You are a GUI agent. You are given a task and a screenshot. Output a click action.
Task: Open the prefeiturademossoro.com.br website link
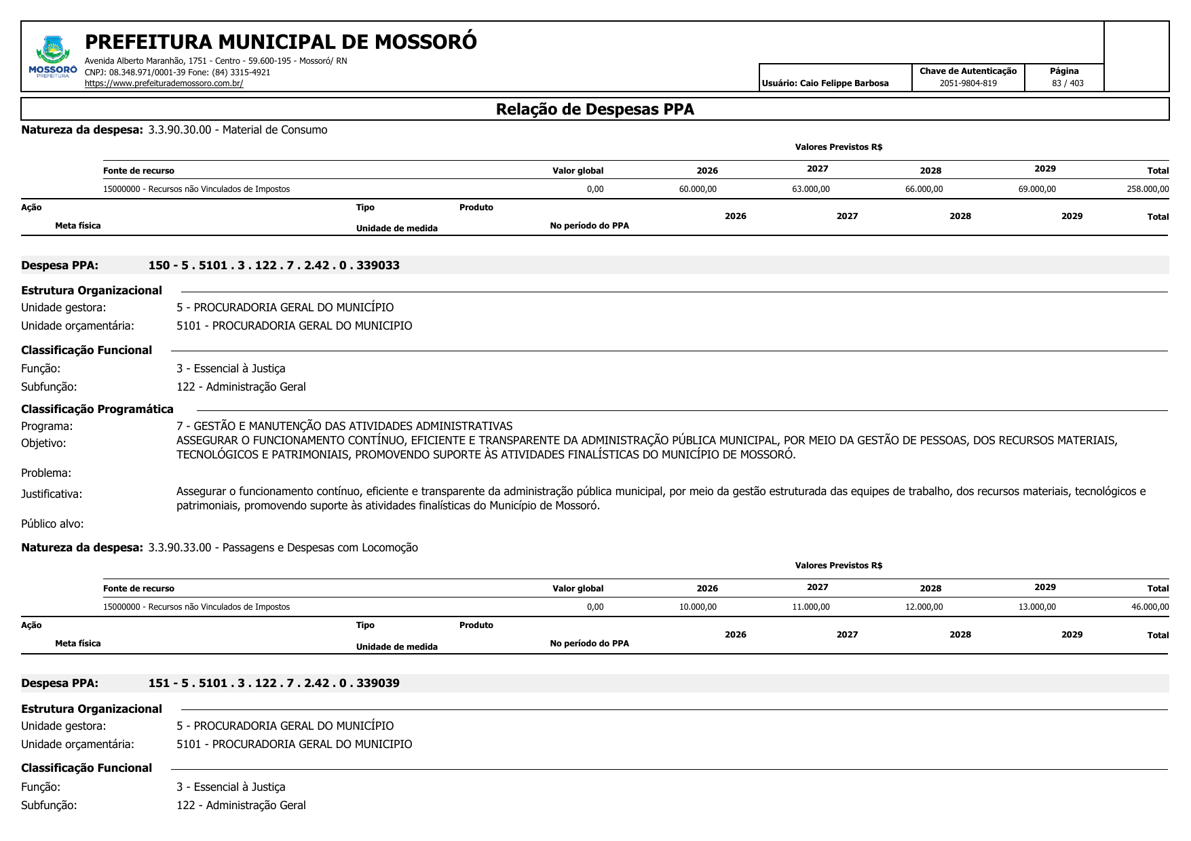coord(164,83)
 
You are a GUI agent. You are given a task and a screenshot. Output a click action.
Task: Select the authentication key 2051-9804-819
coord(968,83)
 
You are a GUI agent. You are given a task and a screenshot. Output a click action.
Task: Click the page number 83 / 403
coord(1067,83)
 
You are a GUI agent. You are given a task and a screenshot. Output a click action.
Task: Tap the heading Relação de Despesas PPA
coord(594,109)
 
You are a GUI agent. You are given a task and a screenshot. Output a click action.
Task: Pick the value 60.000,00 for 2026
coord(698,189)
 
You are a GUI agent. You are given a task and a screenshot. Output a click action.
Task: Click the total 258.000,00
coord(1148,189)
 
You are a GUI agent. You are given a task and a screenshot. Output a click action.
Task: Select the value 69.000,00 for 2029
coord(1037,189)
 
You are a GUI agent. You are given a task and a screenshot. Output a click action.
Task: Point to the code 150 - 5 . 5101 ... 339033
coord(273,265)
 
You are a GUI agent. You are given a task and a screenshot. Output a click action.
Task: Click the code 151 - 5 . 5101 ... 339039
coord(273,683)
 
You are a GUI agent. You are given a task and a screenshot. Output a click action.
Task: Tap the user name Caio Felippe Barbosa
coord(844,83)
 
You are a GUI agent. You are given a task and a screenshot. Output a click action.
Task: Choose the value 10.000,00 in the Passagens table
coord(698,607)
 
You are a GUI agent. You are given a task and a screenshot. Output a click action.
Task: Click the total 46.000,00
coord(1150,607)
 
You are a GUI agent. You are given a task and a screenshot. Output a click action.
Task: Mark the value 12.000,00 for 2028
coord(924,607)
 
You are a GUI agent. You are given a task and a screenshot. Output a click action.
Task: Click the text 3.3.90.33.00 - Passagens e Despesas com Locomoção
coord(283,547)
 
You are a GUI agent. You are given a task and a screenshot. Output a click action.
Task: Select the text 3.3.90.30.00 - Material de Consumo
coord(238,130)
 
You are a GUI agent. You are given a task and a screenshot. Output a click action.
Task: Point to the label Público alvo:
coord(52,524)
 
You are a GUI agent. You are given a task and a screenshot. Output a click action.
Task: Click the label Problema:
coord(46,473)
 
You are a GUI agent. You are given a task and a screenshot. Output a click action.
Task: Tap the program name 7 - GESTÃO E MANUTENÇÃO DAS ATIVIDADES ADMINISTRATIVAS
coord(344,426)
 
